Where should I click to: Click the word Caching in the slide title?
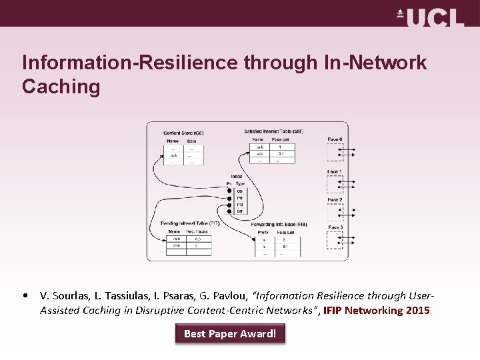pyautogui.click(x=61, y=87)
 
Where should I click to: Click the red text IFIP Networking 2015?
pyautogui.click(x=377, y=311)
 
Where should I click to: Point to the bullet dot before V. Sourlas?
pyautogui.click(x=25, y=295)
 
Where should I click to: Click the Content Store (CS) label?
pyautogui.click(x=183, y=133)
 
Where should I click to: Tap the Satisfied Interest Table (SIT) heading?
pyautogui.click(x=273, y=131)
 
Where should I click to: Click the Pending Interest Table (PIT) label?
pyautogui.click(x=190, y=223)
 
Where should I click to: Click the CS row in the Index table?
pyautogui.click(x=239, y=191)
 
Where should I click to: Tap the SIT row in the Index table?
pyautogui.click(x=239, y=211)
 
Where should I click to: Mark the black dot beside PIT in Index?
pyautogui.click(x=229, y=198)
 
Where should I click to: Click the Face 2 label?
pyautogui.click(x=335, y=200)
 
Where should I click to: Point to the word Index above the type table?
pyautogui.click(x=237, y=177)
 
